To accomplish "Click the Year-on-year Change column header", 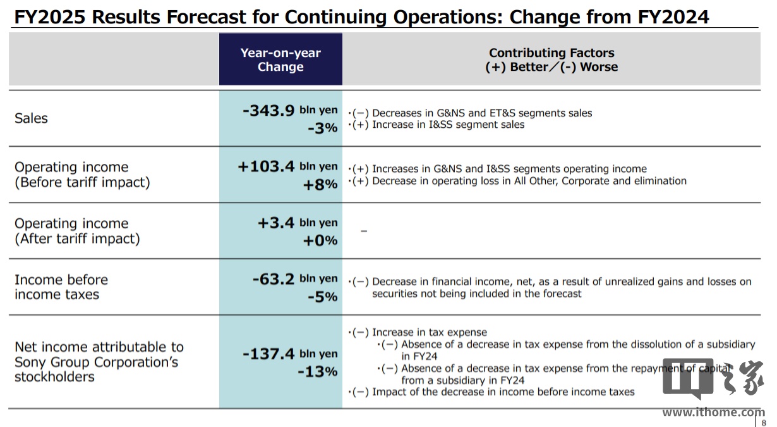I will coord(280,60).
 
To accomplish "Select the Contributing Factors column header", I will coord(551,60).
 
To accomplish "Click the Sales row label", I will coord(31,118).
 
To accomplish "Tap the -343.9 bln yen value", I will coord(291,111).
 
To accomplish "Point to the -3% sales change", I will coord(322,128).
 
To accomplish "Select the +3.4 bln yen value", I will coord(298,223).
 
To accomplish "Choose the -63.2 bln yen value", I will coord(295,278).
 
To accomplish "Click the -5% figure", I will coord(322,296).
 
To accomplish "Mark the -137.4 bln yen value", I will coord(291,354).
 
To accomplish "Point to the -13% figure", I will coord(318,371).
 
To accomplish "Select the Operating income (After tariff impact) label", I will coord(77,231).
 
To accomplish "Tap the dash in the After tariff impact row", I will coord(363,232).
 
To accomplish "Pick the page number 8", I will coord(764,423).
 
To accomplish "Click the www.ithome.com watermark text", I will coord(713,412).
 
